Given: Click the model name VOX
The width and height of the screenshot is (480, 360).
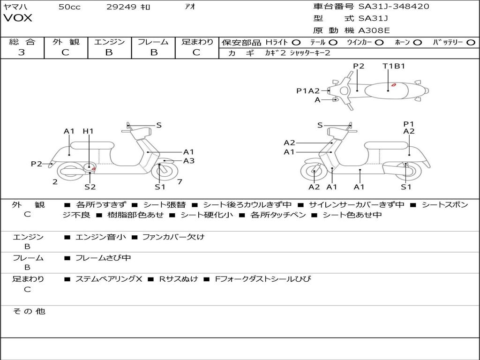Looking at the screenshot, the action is coord(18,18).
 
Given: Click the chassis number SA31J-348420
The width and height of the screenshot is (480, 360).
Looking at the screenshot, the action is coord(394,6).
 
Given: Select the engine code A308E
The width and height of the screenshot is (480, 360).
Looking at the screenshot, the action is coord(374,30).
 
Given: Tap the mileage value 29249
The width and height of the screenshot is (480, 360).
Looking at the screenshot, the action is coord(121,7).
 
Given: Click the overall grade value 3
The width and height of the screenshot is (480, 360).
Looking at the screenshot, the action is coord(22,52).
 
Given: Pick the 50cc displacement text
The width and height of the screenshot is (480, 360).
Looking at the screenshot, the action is coord(69,7).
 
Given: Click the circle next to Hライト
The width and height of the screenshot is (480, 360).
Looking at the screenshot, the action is coord(296,43).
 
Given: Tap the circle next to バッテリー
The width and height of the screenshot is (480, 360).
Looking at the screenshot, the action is coord(471,43).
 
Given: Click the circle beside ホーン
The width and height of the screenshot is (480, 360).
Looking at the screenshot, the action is coord(418,43).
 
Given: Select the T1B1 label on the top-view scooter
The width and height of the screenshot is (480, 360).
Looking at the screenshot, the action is coord(394,66).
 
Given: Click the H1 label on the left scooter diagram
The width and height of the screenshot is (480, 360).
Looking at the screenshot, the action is coord(88,131).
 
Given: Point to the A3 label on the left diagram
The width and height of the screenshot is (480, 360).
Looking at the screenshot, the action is coord(189,161).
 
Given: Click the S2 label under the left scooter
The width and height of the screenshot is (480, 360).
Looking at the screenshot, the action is coord(90,187).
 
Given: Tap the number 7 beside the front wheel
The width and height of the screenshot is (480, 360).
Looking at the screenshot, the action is coord(180,182).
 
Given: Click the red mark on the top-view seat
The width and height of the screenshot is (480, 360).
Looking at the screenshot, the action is coord(394,85).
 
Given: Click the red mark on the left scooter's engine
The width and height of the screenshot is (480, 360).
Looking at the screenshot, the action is coord(94,169).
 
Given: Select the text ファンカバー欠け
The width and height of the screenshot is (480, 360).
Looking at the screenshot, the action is coord(173,237).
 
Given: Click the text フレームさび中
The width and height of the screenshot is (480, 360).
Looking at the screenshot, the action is coord(103,258).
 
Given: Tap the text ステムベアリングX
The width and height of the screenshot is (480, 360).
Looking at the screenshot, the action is coord(109,279).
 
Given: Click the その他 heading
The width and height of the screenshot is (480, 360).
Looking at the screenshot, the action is coord(29,311).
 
